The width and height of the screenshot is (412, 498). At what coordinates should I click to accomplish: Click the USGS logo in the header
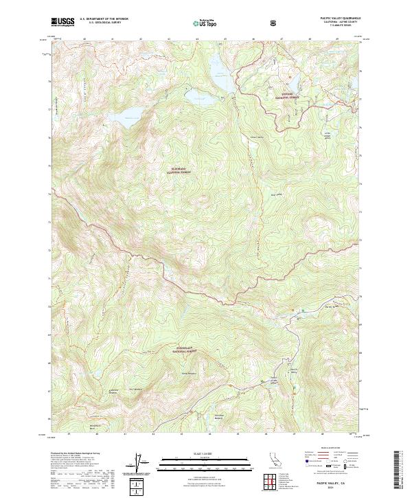(62, 23)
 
